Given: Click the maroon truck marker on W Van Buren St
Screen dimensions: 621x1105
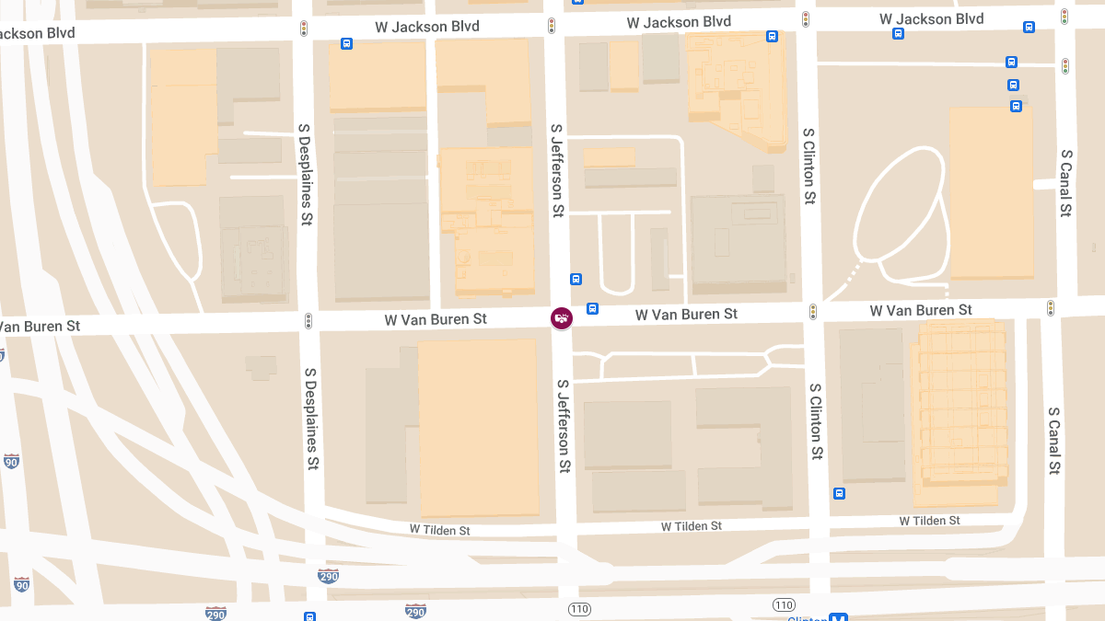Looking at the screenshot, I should click(561, 318).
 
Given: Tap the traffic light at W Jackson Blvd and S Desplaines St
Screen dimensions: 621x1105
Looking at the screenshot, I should click(304, 29).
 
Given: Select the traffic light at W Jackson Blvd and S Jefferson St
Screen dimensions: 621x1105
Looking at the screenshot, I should click(552, 26).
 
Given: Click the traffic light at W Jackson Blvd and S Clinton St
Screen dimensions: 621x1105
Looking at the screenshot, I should click(806, 19).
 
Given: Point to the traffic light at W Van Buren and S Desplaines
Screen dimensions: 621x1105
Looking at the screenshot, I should click(308, 321).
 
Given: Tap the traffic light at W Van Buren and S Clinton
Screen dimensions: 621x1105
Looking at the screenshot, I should click(812, 312).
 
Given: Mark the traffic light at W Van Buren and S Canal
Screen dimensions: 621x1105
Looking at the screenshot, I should click(1051, 308).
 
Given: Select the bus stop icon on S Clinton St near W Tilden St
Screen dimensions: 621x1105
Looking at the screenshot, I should click(839, 493).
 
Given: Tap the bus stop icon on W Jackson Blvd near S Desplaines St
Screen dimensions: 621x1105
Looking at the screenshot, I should click(346, 43).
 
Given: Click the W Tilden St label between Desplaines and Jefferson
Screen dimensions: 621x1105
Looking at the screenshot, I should click(440, 531).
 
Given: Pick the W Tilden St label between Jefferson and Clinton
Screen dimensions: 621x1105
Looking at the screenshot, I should click(692, 526).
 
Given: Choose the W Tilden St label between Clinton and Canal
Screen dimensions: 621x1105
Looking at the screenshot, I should click(929, 521).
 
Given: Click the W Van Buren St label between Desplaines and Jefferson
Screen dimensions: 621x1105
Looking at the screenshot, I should click(436, 319).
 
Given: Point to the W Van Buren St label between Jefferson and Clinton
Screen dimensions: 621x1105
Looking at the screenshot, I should click(686, 315).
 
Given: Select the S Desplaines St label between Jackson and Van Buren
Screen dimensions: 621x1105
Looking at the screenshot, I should click(305, 174).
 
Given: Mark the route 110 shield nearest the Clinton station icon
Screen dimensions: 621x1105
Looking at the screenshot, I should click(784, 604).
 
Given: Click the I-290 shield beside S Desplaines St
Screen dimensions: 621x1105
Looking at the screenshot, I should click(328, 576).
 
